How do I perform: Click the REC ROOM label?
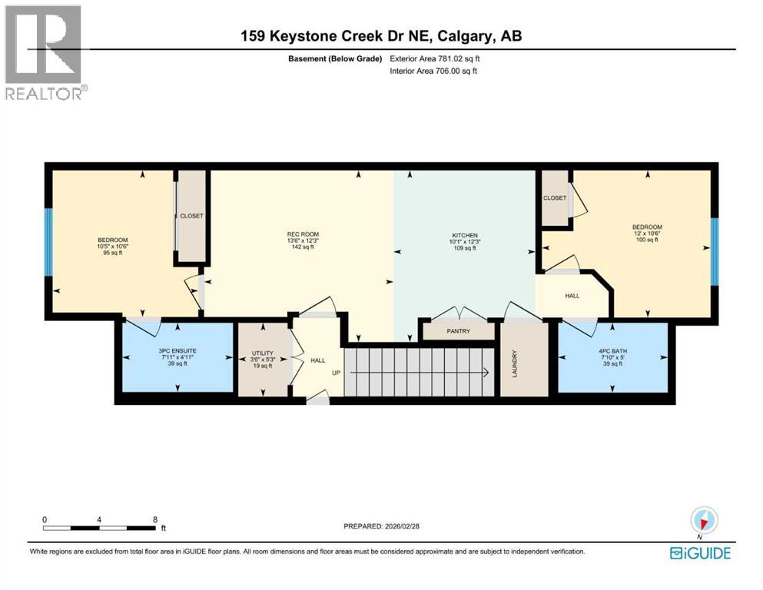(303, 234)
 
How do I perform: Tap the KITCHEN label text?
(465, 235)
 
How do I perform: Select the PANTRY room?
(458, 331)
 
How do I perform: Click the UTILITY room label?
(261, 354)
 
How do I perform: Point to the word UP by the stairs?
(336, 373)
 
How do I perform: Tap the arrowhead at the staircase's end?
(487, 373)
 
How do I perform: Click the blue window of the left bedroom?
(48, 242)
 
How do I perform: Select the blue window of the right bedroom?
(714, 250)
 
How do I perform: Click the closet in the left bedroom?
(191, 216)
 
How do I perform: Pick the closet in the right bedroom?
(554, 198)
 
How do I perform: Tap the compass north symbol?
(704, 521)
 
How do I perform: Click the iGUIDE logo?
(700, 553)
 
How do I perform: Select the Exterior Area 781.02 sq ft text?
(436, 58)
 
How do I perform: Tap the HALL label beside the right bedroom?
(572, 295)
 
